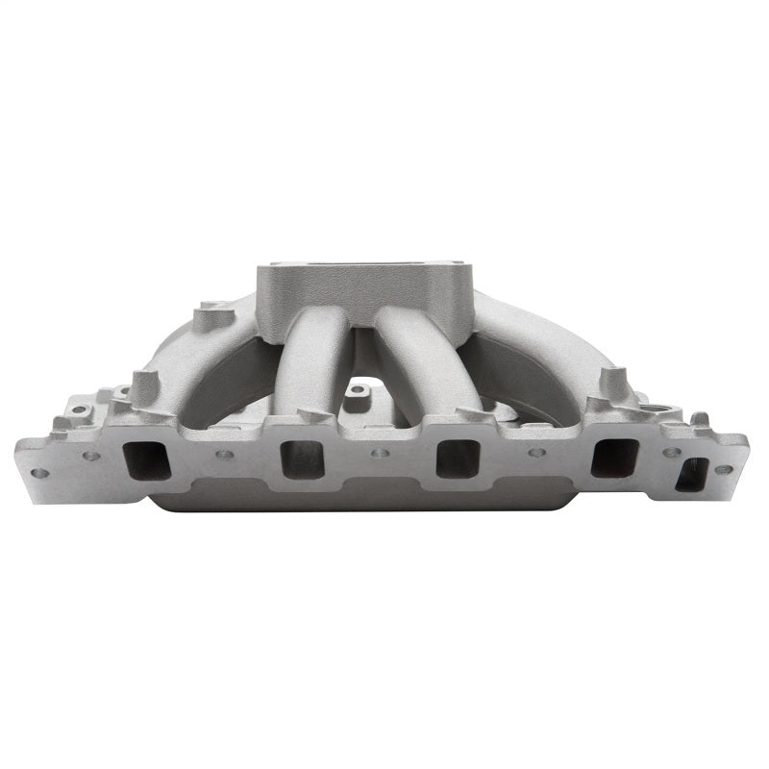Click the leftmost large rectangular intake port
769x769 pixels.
click(147, 459)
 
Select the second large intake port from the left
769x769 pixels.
click(302, 459)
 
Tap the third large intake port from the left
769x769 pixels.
click(458, 459)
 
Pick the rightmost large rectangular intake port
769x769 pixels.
click(613, 459)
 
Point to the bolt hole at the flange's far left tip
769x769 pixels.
click(39, 473)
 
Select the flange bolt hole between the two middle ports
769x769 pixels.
click(380, 452)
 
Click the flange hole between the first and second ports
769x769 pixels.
click(223, 454)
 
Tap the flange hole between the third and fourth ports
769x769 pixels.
click(536, 453)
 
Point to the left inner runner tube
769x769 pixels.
click(313, 360)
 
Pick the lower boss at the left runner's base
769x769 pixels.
click(143, 386)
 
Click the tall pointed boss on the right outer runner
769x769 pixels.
click(608, 382)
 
